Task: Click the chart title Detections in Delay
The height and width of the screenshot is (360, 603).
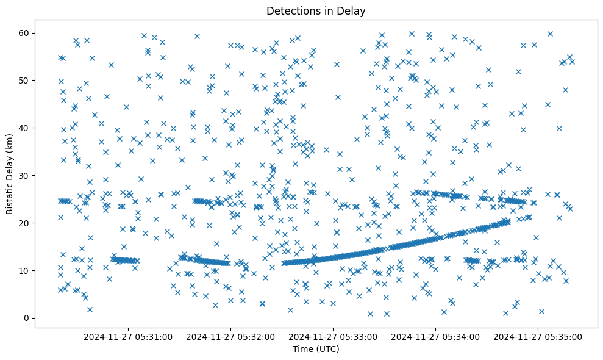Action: (x=316, y=11)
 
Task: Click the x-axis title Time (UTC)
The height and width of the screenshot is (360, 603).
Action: (x=316, y=349)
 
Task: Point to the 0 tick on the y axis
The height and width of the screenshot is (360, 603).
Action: (x=26, y=318)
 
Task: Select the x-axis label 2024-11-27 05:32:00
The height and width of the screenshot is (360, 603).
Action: (x=232, y=336)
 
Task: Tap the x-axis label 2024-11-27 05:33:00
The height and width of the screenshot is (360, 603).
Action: (x=334, y=336)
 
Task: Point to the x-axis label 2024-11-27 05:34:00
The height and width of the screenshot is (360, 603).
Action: (x=437, y=336)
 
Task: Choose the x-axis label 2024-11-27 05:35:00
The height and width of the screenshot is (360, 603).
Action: (x=538, y=336)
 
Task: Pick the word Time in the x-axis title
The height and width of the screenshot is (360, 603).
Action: (x=303, y=349)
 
